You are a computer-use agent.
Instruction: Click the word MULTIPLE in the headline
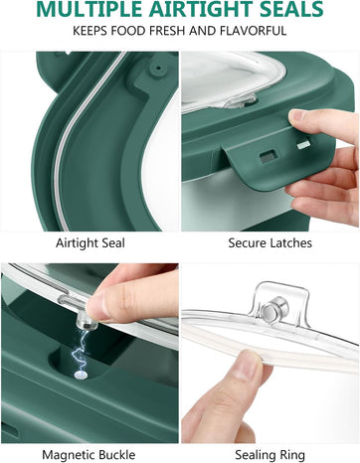click(90, 9)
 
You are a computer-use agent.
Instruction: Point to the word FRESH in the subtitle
click(167, 31)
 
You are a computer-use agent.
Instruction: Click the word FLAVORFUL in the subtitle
click(253, 31)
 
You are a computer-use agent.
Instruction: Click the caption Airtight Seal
click(90, 243)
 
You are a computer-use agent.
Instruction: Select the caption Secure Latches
click(270, 243)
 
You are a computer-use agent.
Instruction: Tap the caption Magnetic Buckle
click(89, 455)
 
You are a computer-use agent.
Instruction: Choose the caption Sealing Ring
click(270, 455)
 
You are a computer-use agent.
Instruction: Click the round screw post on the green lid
click(158, 69)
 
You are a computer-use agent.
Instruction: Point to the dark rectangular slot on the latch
click(269, 157)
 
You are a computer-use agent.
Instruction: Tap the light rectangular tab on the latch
click(304, 145)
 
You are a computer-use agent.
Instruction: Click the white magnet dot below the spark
click(81, 375)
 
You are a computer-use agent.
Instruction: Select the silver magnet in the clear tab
click(273, 309)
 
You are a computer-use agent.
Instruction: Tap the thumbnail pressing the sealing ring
click(246, 366)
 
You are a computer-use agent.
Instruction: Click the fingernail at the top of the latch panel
click(296, 115)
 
